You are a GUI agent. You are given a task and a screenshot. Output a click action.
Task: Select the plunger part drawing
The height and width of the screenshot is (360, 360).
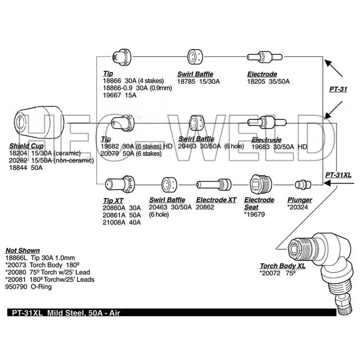pyautogui.click(x=302, y=184)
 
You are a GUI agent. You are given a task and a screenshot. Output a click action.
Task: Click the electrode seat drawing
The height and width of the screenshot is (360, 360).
pyautogui.click(x=258, y=184)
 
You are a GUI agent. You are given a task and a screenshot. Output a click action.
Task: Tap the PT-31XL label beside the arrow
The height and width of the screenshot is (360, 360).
pyautogui.click(x=337, y=174)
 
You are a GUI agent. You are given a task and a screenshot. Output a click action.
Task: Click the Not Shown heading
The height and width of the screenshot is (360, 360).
pyautogui.click(x=22, y=250)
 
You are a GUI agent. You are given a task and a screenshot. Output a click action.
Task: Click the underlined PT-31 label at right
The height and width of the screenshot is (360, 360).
pyautogui.click(x=338, y=89)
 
